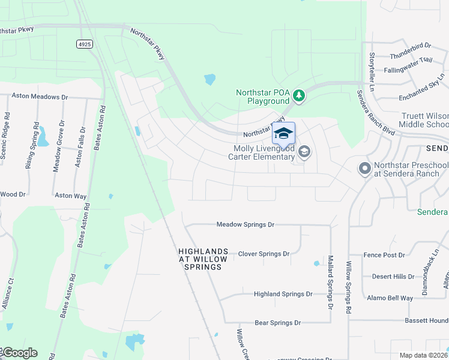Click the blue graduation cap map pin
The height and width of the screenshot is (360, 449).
[x=283, y=133]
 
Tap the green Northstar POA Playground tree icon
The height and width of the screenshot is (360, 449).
[x=298, y=95]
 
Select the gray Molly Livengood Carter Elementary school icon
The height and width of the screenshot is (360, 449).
[x=304, y=151]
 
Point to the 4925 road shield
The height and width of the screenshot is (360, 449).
[x=85, y=44]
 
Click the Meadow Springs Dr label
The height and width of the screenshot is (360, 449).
[x=245, y=224]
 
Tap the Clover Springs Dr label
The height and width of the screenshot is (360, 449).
[x=264, y=254]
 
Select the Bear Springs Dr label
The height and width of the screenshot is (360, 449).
[x=277, y=323]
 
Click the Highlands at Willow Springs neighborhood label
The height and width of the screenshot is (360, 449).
[x=203, y=259]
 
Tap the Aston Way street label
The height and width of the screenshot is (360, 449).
[x=71, y=196]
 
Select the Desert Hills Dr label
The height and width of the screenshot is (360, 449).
[x=393, y=277]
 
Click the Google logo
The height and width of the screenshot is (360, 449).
[x=19, y=353]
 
